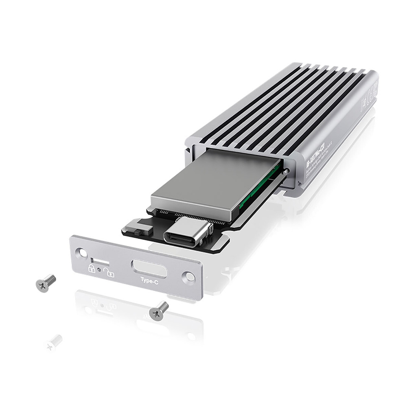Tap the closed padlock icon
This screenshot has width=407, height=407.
(92, 269)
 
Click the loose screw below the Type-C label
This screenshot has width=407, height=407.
(159, 310)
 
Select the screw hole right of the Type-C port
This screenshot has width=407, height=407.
(188, 277)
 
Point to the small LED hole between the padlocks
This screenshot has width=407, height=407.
(100, 270)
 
